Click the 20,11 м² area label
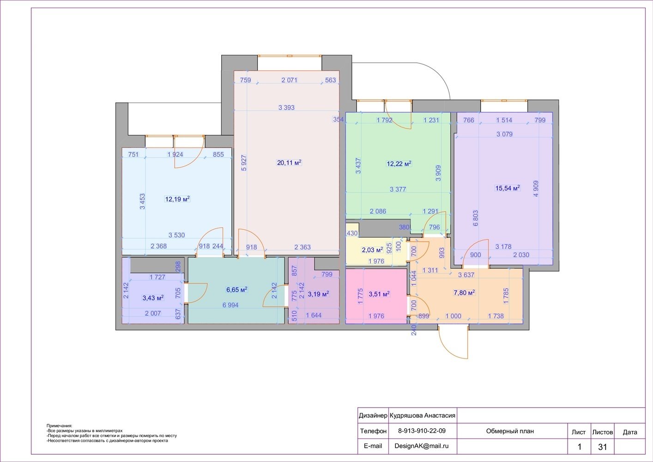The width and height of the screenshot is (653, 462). pyautogui.click(x=289, y=163)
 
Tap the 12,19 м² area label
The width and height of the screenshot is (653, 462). pyautogui.click(x=177, y=199)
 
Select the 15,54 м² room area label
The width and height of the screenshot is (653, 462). pyautogui.click(x=508, y=188)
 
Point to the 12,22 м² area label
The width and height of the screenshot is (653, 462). pyautogui.click(x=399, y=164)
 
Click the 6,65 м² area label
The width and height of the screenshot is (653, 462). pyautogui.click(x=237, y=290)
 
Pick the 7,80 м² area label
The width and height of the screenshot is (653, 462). pyautogui.click(x=465, y=292)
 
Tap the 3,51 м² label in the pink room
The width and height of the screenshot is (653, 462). pyautogui.click(x=379, y=294)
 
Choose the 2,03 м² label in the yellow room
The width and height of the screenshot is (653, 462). pyautogui.click(x=372, y=250)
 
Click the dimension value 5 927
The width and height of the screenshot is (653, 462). pyautogui.click(x=244, y=163)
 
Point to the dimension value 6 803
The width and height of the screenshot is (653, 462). pyautogui.click(x=476, y=218)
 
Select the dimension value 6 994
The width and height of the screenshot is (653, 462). pyautogui.click(x=230, y=305)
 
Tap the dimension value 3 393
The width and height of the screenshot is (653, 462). pyautogui.click(x=286, y=108)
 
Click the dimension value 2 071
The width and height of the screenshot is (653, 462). pyautogui.click(x=290, y=80)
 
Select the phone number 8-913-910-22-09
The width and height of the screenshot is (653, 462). pyautogui.click(x=422, y=431)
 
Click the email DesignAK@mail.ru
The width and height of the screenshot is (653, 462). pyautogui.click(x=422, y=446)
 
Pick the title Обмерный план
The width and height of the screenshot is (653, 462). pyautogui.click(x=510, y=431)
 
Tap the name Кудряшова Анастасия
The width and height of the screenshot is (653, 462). pyautogui.click(x=423, y=416)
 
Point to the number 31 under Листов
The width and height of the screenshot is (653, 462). pyautogui.click(x=602, y=447)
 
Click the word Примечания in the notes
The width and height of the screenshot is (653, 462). pyautogui.click(x=59, y=426)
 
